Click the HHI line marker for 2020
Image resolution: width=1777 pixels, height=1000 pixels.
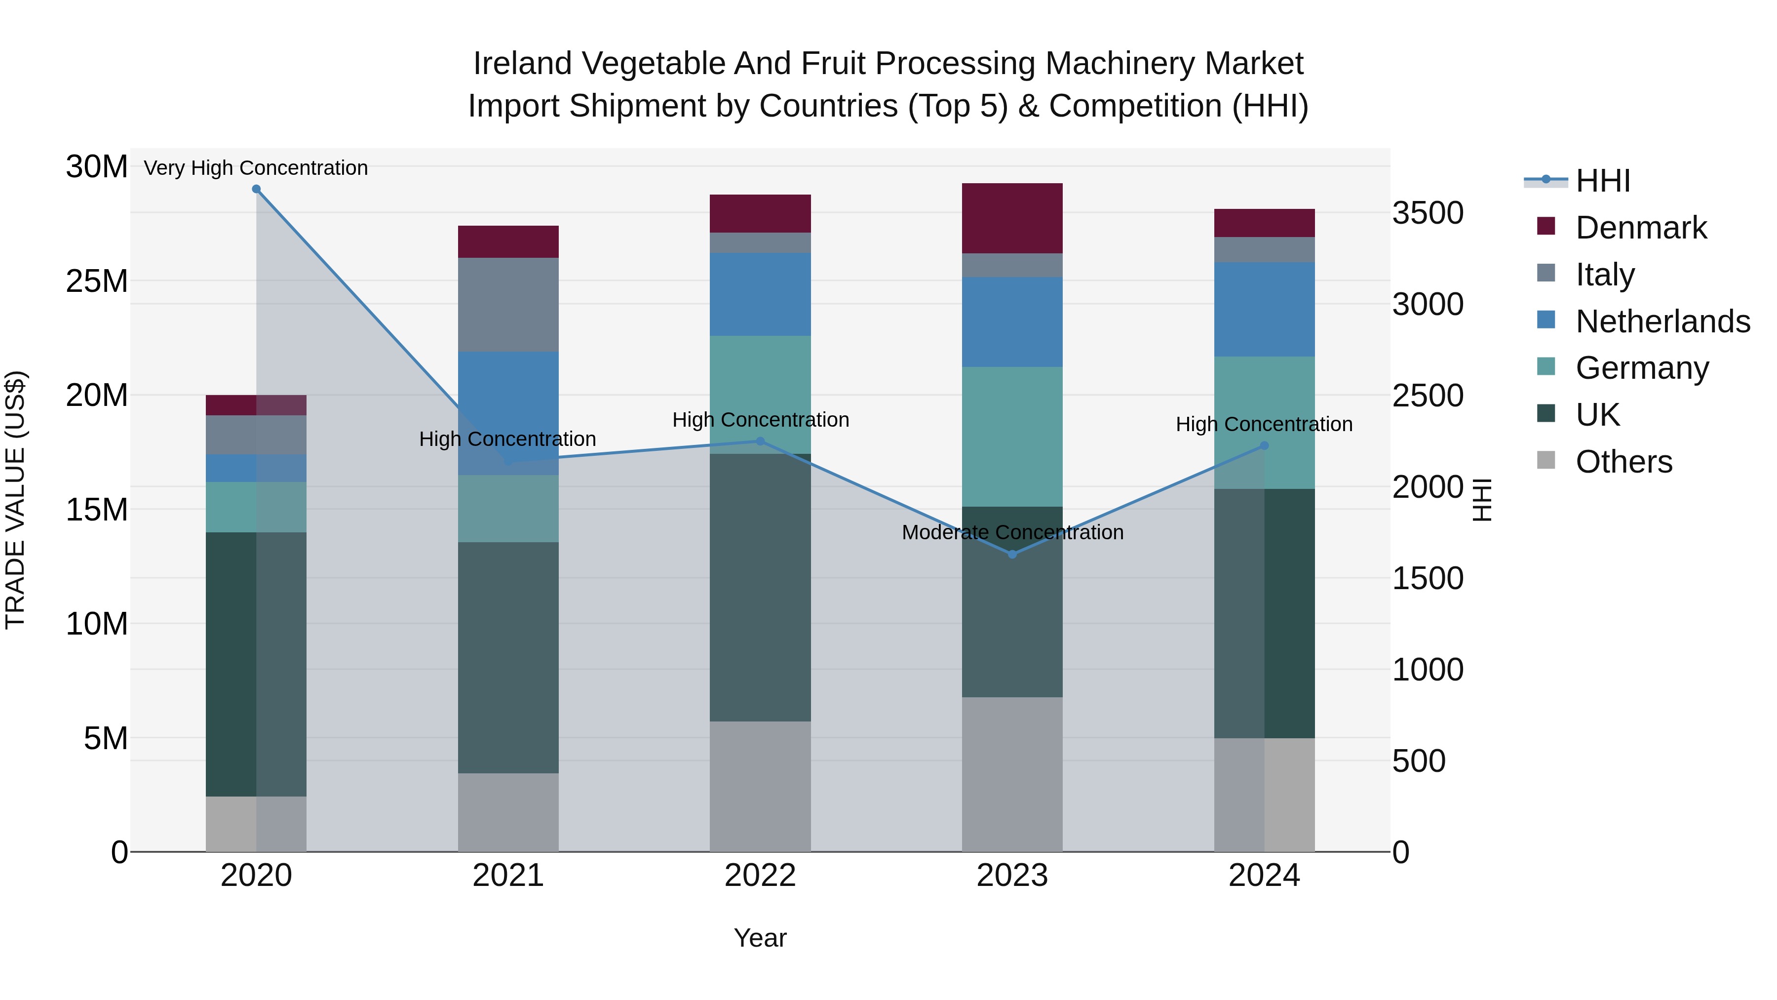(x=256, y=189)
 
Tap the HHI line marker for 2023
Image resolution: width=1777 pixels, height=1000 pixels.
(x=1012, y=554)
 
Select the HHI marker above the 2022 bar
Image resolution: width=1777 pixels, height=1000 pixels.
(x=760, y=441)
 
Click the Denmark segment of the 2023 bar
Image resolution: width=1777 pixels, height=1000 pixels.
(x=1012, y=218)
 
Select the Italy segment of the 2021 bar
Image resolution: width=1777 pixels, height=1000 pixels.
(x=508, y=304)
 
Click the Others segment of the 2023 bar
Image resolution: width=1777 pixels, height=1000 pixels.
(x=1012, y=774)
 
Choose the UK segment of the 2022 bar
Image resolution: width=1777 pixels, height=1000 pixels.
(x=760, y=587)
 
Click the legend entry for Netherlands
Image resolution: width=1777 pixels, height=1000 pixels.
(x=1662, y=321)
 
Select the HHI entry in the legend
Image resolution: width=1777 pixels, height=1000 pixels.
(x=1602, y=181)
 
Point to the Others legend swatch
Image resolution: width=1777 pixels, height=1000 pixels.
(x=1546, y=460)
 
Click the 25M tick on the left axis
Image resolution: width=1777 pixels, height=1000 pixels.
(x=97, y=281)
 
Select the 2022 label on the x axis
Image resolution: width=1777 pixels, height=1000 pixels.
(x=760, y=876)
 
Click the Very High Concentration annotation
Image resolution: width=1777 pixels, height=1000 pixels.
(x=256, y=168)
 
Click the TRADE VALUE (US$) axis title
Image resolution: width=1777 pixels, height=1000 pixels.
(x=15, y=500)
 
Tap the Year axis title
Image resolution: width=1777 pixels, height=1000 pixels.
(x=760, y=938)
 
